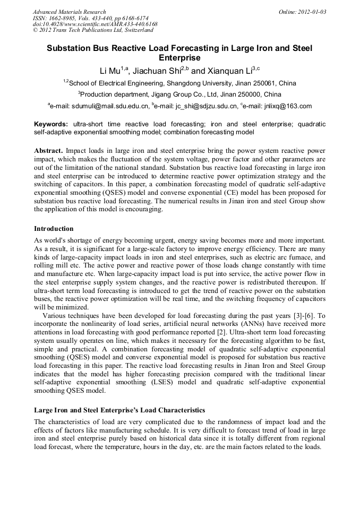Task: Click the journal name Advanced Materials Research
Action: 69,12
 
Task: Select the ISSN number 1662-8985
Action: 66,18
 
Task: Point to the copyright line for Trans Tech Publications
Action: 93,30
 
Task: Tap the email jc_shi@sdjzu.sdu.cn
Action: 197,106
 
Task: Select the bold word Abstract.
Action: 49,151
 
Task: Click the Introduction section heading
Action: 54,229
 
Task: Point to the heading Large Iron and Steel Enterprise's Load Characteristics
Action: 119,410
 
